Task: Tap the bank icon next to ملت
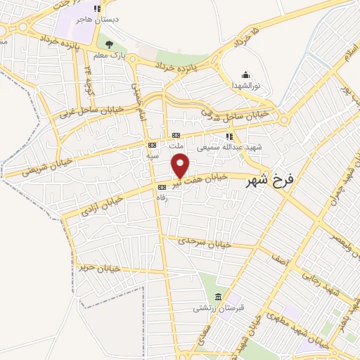coord(176,136)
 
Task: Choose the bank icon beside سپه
coord(152,145)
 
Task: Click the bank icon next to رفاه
coord(162,187)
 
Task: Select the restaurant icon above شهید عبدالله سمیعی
coord(229,137)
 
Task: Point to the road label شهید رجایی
coord(321,281)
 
